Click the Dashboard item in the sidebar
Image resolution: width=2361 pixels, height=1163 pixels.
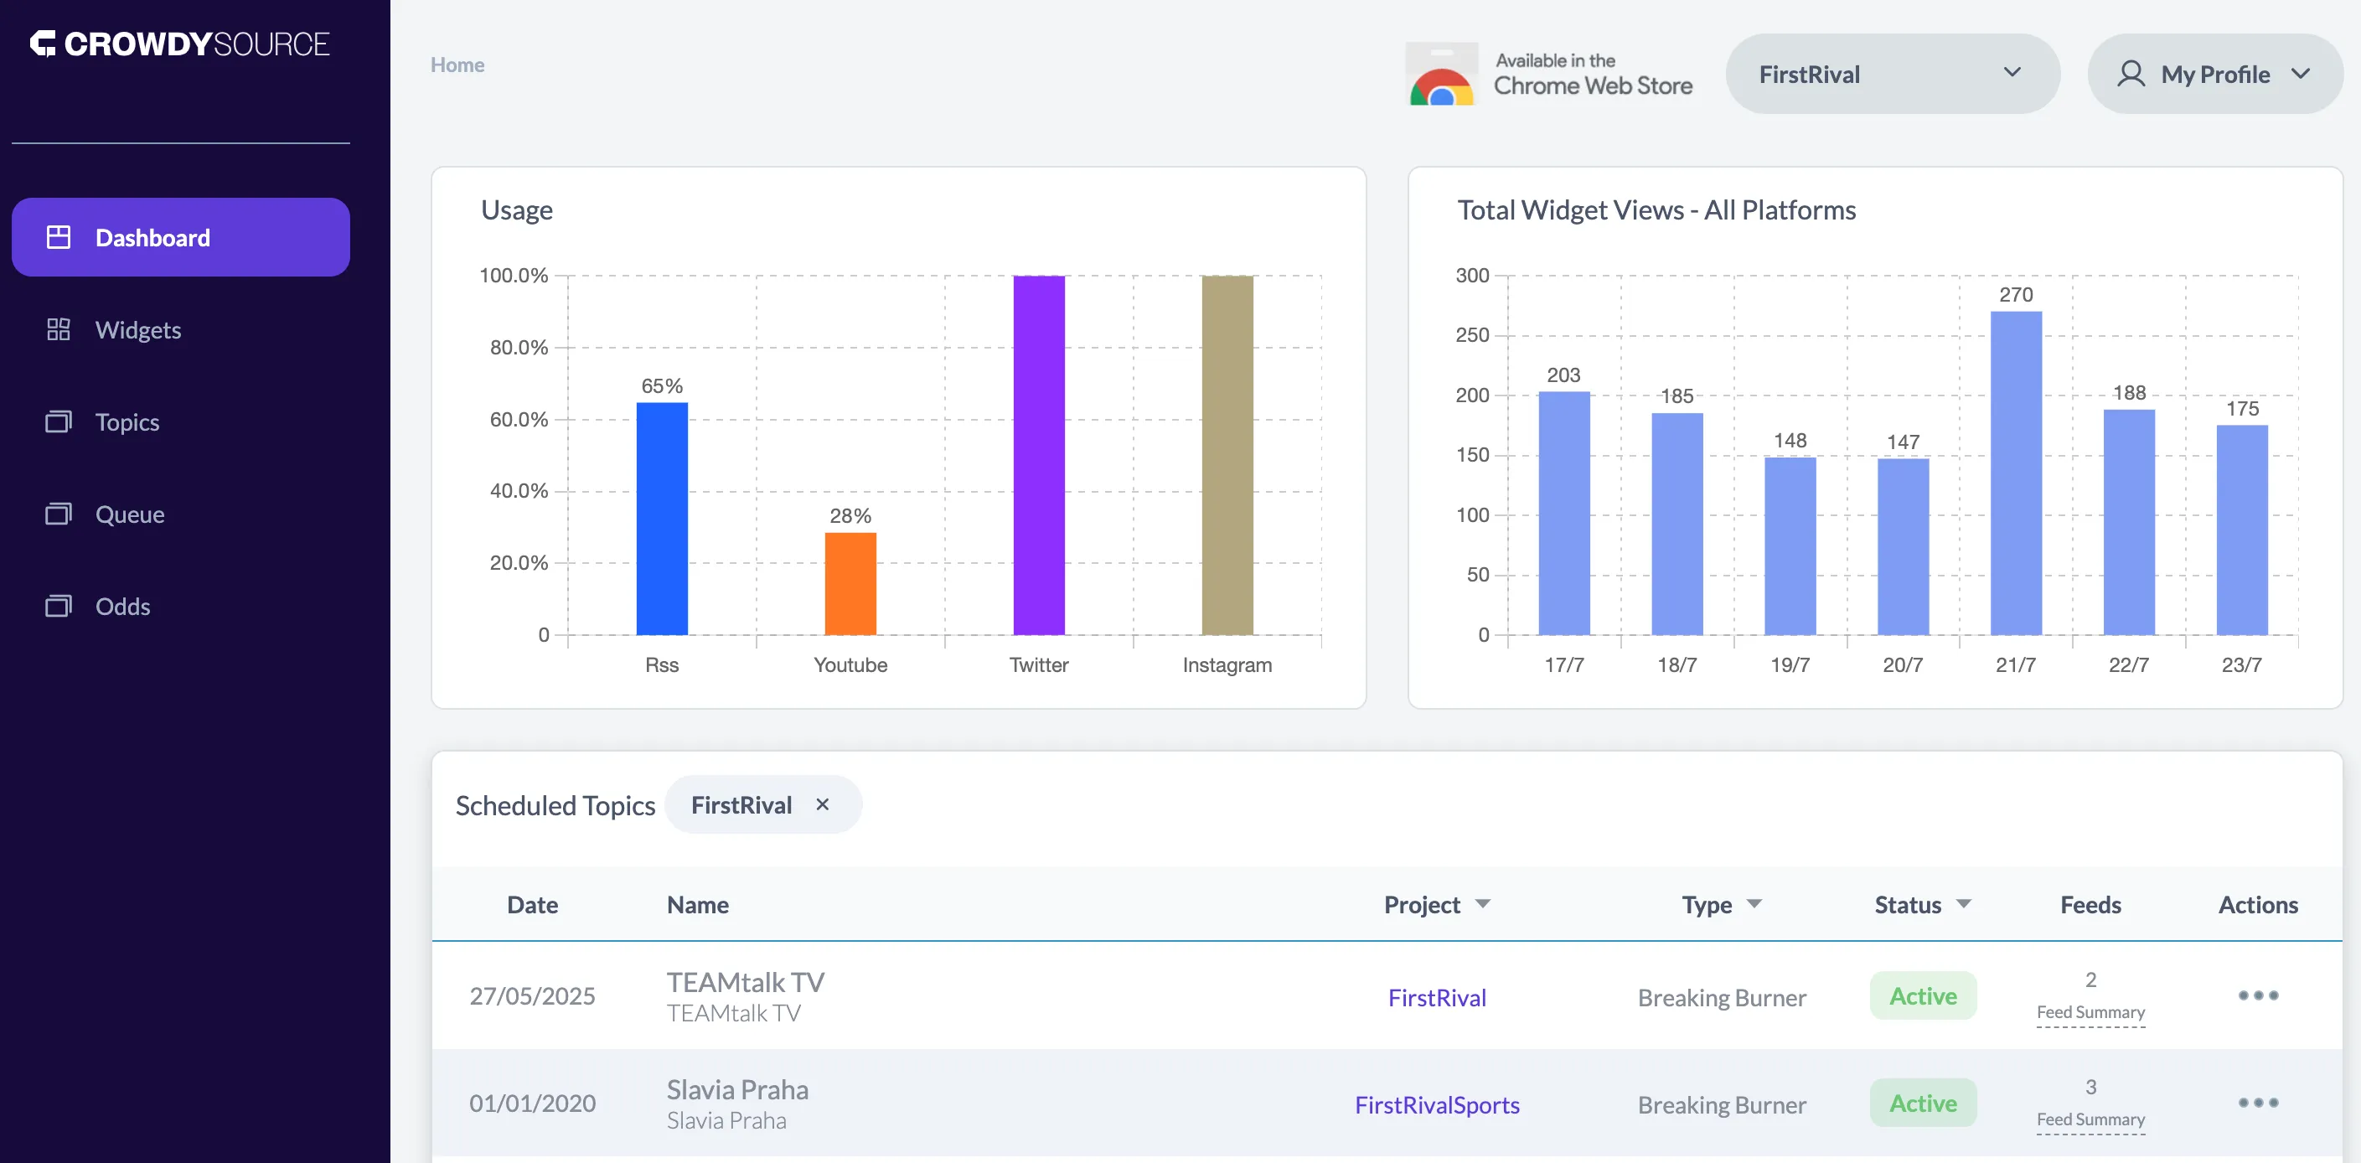181,237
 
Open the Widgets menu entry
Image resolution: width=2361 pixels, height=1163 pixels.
137,330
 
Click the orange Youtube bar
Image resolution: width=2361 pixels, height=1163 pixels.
850,584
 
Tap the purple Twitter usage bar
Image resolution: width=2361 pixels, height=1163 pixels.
1038,456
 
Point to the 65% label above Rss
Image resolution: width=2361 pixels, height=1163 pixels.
662,385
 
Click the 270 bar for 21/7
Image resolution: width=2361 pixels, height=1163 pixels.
2016,473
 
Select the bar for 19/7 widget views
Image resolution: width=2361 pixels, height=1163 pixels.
1789,546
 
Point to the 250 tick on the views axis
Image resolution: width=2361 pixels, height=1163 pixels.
1472,335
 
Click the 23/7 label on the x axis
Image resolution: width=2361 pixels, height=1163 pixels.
2241,665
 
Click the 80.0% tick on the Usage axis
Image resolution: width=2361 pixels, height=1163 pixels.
518,348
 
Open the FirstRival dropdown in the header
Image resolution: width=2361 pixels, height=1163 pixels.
1892,75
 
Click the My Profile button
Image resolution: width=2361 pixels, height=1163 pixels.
2214,75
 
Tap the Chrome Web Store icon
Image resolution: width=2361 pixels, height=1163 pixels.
1441,75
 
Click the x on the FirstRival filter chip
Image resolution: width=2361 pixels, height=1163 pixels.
822,804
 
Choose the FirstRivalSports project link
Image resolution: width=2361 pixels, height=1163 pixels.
1436,1104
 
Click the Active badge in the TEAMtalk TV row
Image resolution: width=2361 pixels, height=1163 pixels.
1922,996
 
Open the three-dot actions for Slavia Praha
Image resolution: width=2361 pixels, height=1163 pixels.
2257,1103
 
